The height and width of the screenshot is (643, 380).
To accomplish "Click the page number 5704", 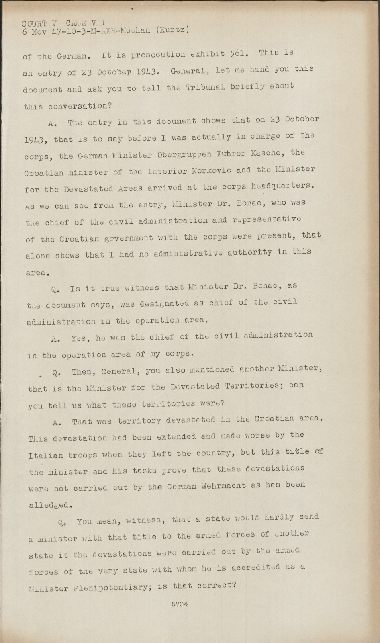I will (180, 604).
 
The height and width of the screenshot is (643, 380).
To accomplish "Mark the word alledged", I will (51, 505).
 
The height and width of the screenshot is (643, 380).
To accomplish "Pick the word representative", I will (264, 219).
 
